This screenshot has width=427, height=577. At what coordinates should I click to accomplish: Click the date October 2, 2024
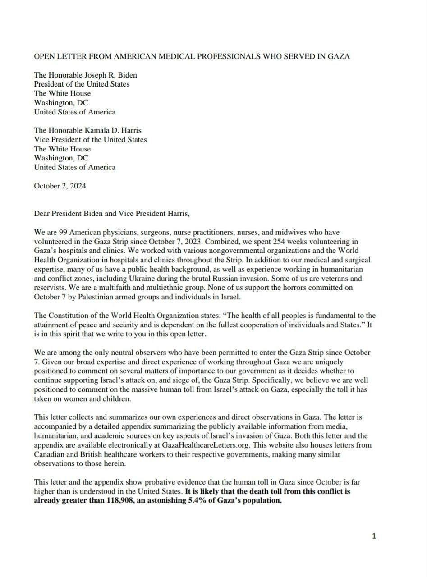click(60, 186)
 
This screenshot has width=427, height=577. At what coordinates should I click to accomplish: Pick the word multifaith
click(119, 287)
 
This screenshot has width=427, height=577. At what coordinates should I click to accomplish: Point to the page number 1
click(373, 536)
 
